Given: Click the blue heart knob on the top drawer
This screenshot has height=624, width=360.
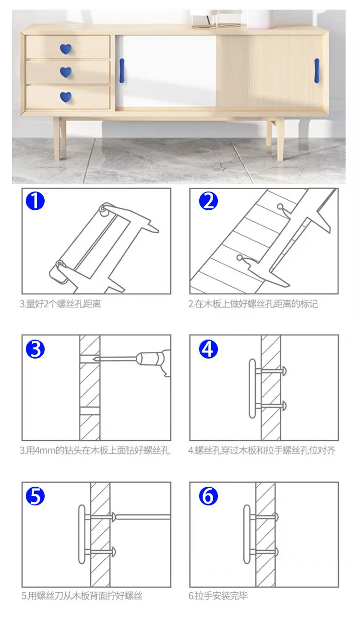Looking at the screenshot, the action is coord(66,49).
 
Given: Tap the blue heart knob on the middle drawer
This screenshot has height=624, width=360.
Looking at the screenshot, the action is coord(66,72).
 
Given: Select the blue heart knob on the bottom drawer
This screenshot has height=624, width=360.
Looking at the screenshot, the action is coord(66,96).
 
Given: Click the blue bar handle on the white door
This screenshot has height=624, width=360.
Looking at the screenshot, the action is coord(122,71).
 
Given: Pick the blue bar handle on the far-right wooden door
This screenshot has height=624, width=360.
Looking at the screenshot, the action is coord(317,71).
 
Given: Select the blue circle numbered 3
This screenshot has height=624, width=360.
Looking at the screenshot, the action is coord(35,349).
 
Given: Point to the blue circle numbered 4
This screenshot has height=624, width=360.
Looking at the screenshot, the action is coord(208,349).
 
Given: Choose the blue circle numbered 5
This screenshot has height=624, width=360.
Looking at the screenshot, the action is coord(35,496).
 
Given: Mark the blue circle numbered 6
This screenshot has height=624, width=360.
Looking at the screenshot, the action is coord(208,496).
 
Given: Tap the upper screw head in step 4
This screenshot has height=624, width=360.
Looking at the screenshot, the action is coord(284,371).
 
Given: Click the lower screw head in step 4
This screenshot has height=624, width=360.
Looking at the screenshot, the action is coord(284,406).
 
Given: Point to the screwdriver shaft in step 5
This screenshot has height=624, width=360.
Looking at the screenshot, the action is coord(143,517).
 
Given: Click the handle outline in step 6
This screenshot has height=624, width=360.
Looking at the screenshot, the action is coord(247,534).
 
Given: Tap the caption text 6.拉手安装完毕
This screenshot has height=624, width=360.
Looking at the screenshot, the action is coord(218,596).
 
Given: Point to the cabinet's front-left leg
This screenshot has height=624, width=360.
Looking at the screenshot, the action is coord(57,138).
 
